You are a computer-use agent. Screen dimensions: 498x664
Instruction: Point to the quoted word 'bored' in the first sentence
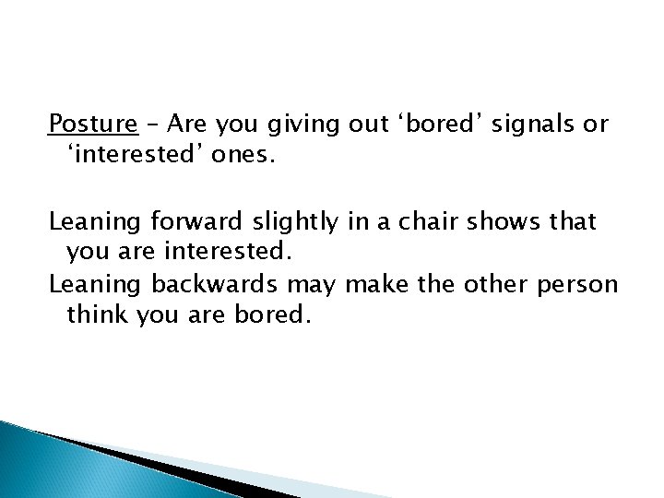tap(439, 125)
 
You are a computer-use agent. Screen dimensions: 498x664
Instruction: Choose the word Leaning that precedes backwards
tap(89, 284)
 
